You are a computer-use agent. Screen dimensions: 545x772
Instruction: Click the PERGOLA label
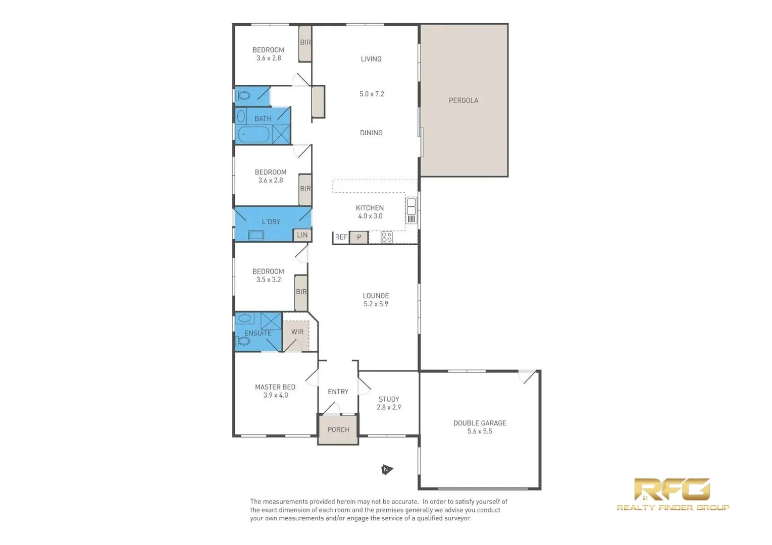[x=463, y=100]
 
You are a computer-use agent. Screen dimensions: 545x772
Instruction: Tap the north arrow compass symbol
[x=386, y=470]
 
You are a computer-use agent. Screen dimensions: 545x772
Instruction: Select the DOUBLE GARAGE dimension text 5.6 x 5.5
[x=479, y=431]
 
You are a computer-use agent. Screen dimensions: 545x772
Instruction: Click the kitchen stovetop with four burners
[x=387, y=237]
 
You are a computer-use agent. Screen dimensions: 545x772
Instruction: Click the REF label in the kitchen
[x=341, y=237]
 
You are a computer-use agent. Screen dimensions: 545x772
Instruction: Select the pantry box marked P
[x=359, y=237]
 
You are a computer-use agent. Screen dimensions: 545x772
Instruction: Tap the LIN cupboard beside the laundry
[x=302, y=235]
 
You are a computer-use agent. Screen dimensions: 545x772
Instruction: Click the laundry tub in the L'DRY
[x=256, y=235]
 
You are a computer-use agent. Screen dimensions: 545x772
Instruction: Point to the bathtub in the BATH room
[x=254, y=135]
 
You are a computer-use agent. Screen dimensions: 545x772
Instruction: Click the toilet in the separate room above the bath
[x=243, y=95]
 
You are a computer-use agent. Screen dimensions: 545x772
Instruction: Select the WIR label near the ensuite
[x=297, y=332]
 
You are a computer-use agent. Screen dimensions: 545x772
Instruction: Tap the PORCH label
[x=338, y=430]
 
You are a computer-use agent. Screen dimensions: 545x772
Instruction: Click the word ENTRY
[x=338, y=392]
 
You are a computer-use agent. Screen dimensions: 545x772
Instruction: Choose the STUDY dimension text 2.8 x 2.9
[x=388, y=407]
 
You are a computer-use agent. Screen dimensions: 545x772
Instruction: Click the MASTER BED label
[x=275, y=387]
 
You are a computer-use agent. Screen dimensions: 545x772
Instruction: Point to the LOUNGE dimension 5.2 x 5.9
[x=376, y=304]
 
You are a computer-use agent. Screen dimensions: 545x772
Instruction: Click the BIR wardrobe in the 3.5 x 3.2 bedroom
[x=301, y=292]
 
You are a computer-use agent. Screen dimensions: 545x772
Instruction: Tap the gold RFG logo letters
[x=672, y=489]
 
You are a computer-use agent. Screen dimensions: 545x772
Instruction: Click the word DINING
[x=371, y=133]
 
